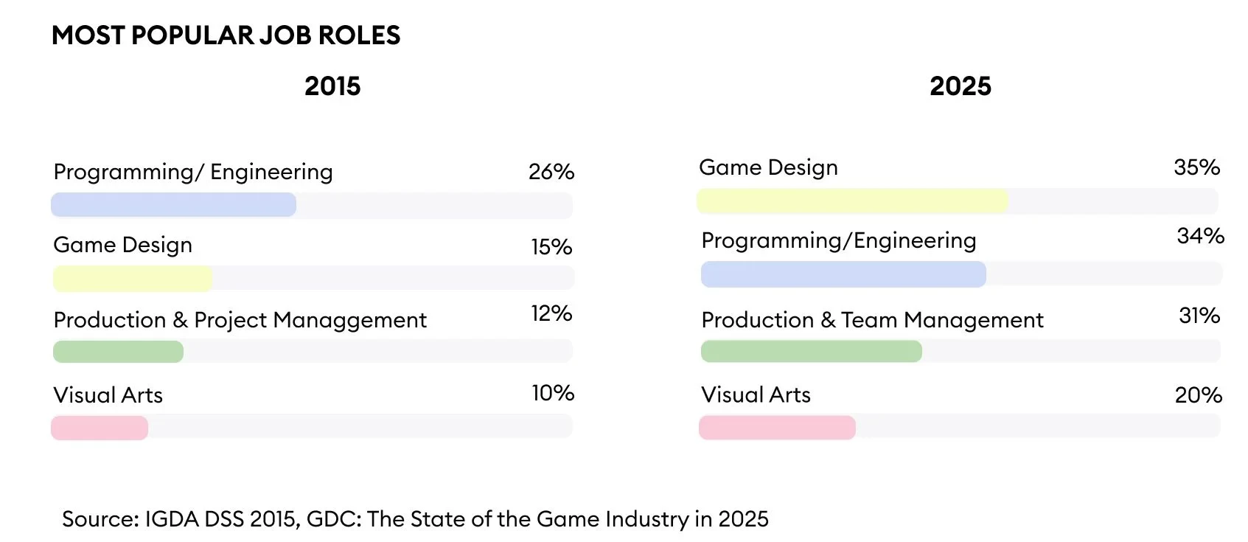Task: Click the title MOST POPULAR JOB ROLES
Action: (226, 35)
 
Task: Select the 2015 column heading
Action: (332, 86)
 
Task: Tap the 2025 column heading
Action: (960, 86)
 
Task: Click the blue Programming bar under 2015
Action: (173, 205)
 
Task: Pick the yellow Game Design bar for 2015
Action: (133, 279)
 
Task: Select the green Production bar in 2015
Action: (118, 352)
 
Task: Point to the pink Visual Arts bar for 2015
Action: (100, 428)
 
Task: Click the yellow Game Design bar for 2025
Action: (852, 201)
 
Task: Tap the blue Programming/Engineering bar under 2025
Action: (843, 274)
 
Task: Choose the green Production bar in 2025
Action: (811, 352)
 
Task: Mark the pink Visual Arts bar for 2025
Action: (777, 428)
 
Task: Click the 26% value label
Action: (551, 172)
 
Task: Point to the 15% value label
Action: (551, 247)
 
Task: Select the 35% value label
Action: (1196, 167)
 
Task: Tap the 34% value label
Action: (1200, 236)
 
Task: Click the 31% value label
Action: (1199, 316)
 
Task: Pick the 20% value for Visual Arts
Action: (1198, 395)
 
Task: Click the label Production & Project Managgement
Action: (240, 320)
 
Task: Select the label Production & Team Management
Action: (872, 320)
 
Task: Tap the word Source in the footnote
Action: (100, 519)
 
